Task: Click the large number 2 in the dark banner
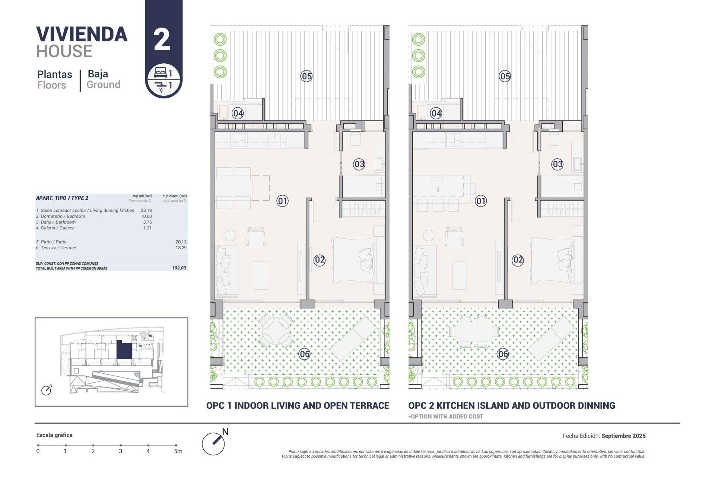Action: pyautogui.click(x=162, y=40)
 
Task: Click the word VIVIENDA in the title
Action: pyautogui.click(x=82, y=34)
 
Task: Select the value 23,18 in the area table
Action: pyautogui.click(x=146, y=211)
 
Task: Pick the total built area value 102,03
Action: pyautogui.click(x=179, y=268)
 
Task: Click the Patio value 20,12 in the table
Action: pyautogui.click(x=181, y=242)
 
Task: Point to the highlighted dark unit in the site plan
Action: pyautogui.click(x=124, y=350)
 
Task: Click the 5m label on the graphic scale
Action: pyautogui.click(x=178, y=451)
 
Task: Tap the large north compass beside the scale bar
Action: pyautogui.click(x=214, y=443)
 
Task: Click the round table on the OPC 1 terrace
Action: pyautogui.click(x=276, y=330)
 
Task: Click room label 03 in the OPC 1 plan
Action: pyautogui.click(x=359, y=164)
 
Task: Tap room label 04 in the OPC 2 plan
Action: pyautogui.click(x=436, y=113)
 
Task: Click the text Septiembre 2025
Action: pyautogui.click(x=623, y=436)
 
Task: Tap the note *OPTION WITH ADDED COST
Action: pyautogui.click(x=446, y=417)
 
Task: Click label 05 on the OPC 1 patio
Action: pyautogui.click(x=306, y=76)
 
